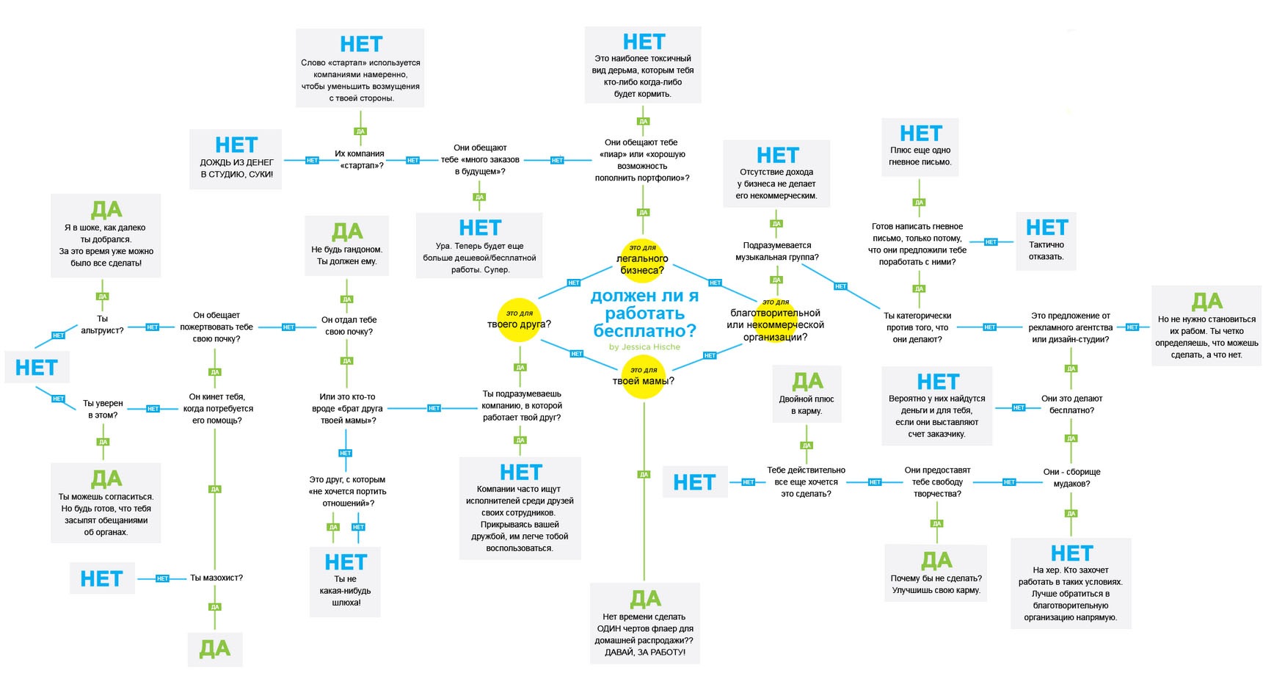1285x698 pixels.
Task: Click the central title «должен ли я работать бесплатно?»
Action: [644, 313]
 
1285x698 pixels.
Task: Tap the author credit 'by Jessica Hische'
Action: [644, 347]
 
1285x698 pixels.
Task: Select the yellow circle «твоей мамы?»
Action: [644, 376]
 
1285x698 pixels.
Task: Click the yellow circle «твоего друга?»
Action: [520, 320]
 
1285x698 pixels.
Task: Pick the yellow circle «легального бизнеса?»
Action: [642, 261]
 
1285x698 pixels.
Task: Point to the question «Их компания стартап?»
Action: [360, 159]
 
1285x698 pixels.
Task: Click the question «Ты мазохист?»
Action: [216, 578]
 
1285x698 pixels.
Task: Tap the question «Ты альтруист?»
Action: [102, 324]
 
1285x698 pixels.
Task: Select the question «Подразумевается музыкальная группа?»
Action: [777, 251]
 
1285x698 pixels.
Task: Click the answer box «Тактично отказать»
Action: [1046, 241]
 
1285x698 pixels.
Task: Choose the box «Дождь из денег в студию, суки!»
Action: [236, 159]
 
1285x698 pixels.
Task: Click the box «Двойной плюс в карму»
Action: [807, 395]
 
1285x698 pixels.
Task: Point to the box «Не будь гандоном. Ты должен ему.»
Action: [347, 245]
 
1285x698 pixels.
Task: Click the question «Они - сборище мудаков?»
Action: [1071, 477]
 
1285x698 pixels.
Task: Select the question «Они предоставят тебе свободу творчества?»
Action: [937, 481]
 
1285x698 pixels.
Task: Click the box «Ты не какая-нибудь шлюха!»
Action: [346, 581]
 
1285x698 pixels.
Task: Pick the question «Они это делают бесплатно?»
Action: [1071, 404]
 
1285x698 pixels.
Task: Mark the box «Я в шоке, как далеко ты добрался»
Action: [106, 236]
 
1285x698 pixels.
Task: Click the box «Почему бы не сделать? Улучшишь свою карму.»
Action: [936, 573]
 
